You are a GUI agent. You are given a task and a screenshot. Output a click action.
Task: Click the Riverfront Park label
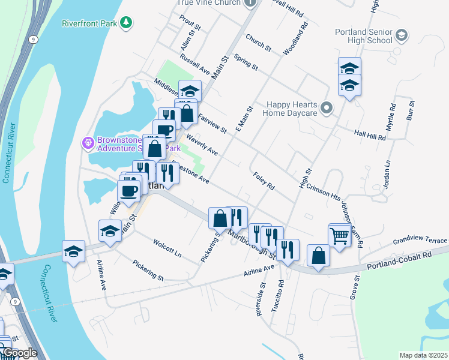[89, 23]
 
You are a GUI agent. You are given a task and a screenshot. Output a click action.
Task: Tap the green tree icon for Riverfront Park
[126, 23]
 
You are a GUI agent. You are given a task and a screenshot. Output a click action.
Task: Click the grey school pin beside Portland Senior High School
[402, 36]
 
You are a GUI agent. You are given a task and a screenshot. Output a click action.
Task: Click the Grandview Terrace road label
[420, 241]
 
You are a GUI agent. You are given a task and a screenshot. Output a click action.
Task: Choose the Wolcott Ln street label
[167, 249]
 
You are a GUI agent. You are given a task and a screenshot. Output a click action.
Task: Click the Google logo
[20, 353]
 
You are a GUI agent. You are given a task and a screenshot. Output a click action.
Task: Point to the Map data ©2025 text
[423, 355]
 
